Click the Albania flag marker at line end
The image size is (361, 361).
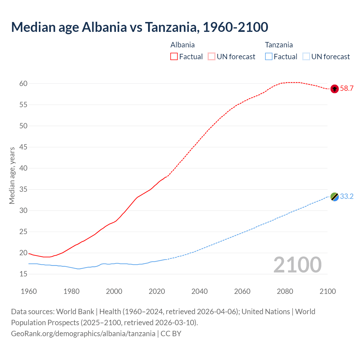[334, 89]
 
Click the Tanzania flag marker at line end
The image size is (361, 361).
[334, 197]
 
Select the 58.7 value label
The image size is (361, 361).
[347, 89]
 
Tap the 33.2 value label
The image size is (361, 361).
[347, 197]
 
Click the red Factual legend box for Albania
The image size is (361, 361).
[174, 57]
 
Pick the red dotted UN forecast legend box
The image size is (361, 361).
[212, 57]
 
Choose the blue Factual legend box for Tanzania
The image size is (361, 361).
[269, 57]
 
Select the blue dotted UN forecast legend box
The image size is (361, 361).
[306, 57]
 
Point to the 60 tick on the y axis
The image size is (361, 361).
[23, 83]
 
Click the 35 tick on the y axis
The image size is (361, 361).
[23, 189]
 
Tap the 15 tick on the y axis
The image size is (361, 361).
[23, 274]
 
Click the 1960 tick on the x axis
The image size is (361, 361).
[29, 291]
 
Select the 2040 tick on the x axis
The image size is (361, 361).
[199, 291]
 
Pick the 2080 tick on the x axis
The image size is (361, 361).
[285, 291]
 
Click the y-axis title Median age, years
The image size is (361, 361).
[12, 175]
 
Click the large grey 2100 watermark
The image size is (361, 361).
[297, 265]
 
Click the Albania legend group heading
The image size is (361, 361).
[182, 45]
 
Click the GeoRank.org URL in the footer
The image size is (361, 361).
[83, 334]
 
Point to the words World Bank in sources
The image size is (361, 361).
[75, 312]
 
